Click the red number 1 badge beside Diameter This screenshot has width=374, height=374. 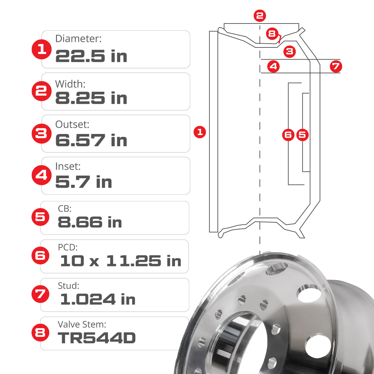tap(42, 49)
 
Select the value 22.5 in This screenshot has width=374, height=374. tap(91, 56)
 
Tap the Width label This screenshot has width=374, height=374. tap(70, 84)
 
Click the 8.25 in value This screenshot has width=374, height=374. tap(91, 98)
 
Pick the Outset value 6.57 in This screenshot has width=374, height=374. tap(91, 141)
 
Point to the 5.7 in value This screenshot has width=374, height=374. tap(83, 182)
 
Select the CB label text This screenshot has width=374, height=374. tap(65, 209)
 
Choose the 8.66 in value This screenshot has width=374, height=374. tap(90, 222)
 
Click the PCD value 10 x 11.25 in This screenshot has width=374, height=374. tap(121, 261)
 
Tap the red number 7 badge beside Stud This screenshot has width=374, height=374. tap(41, 294)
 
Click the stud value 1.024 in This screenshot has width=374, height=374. tap(97, 300)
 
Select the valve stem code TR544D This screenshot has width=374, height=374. tap(97, 338)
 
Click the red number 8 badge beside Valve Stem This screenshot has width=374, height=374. tap(41, 333)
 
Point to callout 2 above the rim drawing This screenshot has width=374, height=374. tap(260, 15)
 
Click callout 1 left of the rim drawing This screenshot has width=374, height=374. tap(200, 132)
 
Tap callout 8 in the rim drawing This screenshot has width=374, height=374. tap(272, 34)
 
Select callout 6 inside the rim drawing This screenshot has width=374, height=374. tap(288, 134)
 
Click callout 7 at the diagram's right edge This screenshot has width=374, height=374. tap(336, 66)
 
